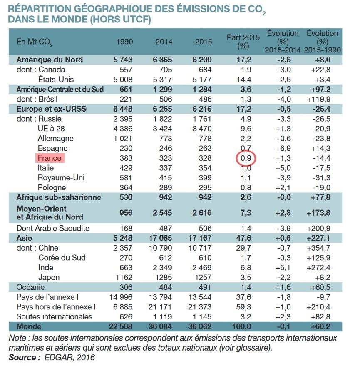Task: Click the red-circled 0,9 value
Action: (x=245, y=158)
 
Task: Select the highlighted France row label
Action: (x=49, y=158)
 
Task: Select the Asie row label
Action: (x=23, y=238)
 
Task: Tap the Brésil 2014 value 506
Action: (x=164, y=99)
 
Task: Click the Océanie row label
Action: (x=30, y=287)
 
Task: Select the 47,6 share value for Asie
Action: (x=245, y=238)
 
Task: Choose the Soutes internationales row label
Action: (x=54, y=316)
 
